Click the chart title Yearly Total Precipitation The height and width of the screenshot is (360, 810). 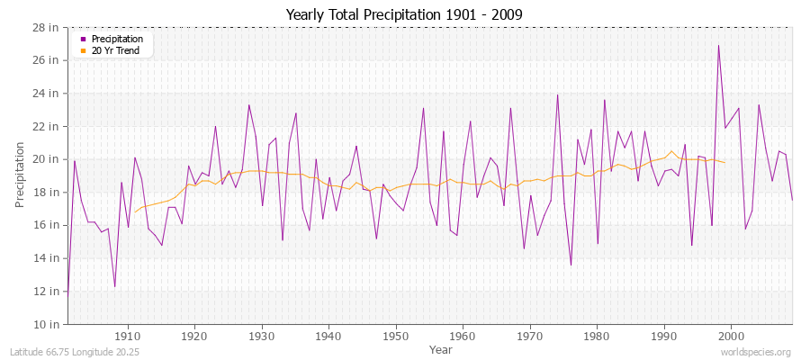(404, 15)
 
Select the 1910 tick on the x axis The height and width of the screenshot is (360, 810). (128, 337)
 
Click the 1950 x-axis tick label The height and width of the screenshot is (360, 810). (395, 337)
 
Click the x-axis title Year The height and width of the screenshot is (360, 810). (441, 349)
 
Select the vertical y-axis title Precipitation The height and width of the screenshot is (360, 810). (21, 174)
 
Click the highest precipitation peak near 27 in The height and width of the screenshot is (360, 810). (718, 45)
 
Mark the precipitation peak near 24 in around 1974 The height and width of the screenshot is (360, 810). (557, 94)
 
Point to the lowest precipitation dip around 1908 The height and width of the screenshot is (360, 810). (114, 286)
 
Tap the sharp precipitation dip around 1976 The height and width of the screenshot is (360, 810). (571, 265)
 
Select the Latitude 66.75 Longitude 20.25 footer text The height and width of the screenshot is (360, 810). (67, 352)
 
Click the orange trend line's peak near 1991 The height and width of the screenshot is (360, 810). (670, 151)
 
